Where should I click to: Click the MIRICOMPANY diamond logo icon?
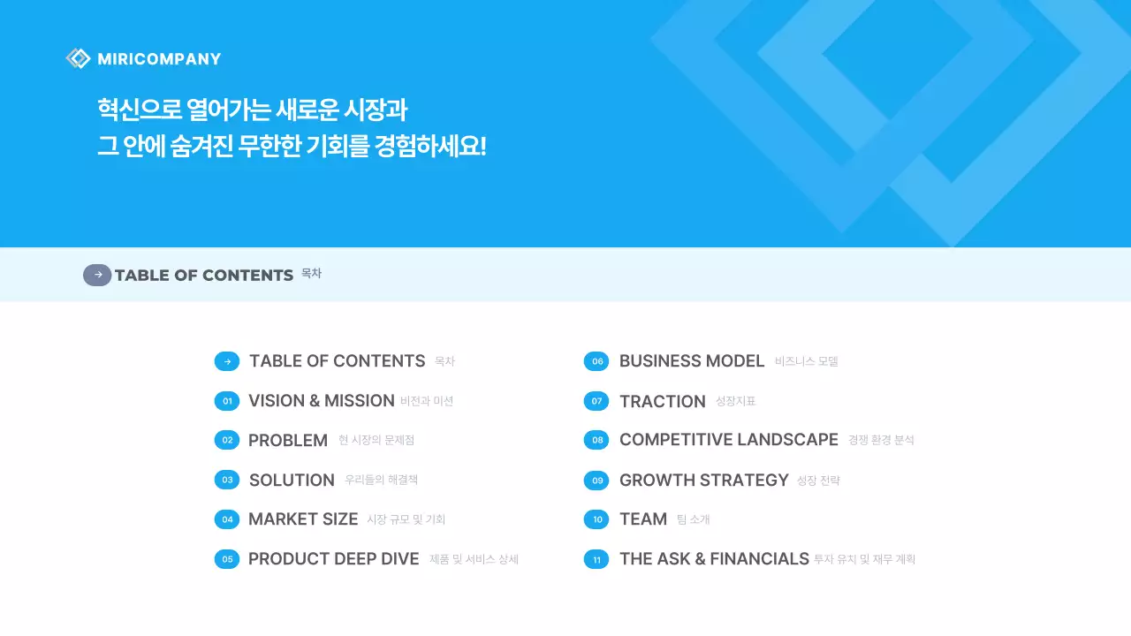[78, 58]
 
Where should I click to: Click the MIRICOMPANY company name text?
[159, 59]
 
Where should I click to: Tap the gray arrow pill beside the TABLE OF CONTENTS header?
[97, 275]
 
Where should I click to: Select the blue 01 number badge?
[227, 401]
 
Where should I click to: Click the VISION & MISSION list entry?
[321, 401]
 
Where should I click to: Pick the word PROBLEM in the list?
[287, 440]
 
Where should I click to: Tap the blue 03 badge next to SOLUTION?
[227, 480]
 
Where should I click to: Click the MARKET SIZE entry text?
[303, 519]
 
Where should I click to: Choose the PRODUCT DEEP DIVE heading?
[333, 559]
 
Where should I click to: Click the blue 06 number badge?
[596, 361]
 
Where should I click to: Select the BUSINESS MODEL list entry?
[691, 361]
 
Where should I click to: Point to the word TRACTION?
[662, 401]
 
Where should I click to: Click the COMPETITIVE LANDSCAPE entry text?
[728, 440]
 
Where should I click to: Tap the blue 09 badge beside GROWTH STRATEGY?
[596, 480]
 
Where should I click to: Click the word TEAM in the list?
[642, 519]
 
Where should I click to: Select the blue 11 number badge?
[596, 559]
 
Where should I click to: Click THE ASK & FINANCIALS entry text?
[714, 559]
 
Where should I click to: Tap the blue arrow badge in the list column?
[227, 361]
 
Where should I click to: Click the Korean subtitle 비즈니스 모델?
[806, 361]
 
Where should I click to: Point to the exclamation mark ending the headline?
[482, 146]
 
